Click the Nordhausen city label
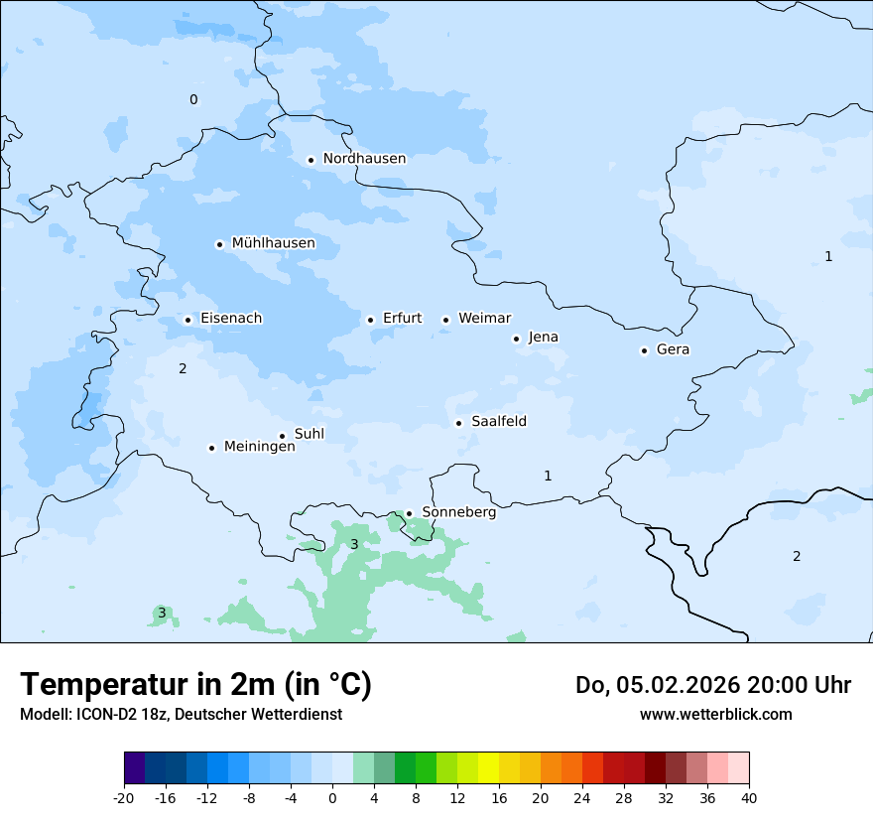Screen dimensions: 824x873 coord(364,159)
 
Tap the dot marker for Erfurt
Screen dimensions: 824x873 coord(370,320)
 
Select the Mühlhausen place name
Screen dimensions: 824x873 coord(273,243)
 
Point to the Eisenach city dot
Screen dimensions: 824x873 coord(187,320)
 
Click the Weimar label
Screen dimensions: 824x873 coord(484,319)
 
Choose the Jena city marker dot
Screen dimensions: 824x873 coord(516,339)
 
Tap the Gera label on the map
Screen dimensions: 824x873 coord(673,349)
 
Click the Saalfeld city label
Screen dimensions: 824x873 coord(498,422)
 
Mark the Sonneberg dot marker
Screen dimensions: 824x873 coord(409,513)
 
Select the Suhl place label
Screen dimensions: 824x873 coord(309,434)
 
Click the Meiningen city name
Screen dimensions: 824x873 coord(259,447)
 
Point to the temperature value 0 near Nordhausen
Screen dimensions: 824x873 coord(193,99)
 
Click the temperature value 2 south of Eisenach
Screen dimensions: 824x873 coord(183,369)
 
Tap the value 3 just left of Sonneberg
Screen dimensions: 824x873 coord(354,544)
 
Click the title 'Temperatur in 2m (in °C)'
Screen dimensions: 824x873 coord(195,685)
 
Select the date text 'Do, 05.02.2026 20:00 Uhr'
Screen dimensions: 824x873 coord(712,685)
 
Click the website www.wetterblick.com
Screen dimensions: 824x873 coord(715,714)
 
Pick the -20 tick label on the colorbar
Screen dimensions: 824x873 coord(124,798)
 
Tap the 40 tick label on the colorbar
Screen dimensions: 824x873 coord(749,798)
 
